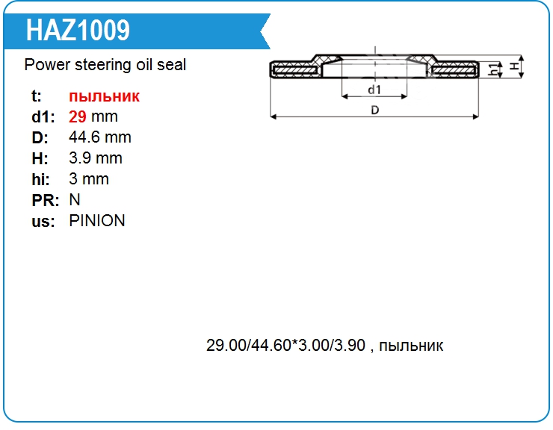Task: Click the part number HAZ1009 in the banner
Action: click(x=78, y=31)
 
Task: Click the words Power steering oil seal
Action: click(x=105, y=65)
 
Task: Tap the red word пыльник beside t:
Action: click(x=105, y=96)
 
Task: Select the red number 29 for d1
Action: click(x=78, y=116)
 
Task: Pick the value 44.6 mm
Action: click(x=100, y=137)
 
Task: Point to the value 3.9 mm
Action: click(x=96, y=158)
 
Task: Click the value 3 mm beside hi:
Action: click(x=89, y=179)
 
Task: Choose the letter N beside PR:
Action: click(x=75, y=200)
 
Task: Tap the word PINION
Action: click(x=97, y=221)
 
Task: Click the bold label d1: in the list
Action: click(x=43, y=117)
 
